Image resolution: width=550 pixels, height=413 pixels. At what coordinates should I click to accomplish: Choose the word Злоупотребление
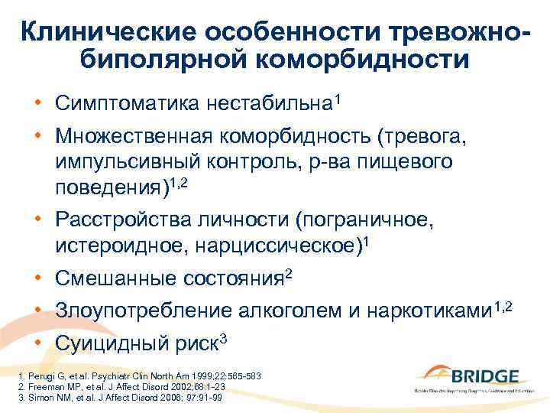(x=136, y=311)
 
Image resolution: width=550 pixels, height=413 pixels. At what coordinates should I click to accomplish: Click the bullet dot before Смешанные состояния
(x=36, y=279)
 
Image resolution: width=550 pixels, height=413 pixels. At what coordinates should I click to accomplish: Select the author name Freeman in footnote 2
(x=39, y=388)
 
